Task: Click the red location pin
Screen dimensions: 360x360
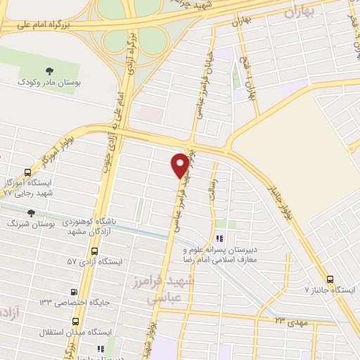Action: pyautogui.click(x=180, y=165)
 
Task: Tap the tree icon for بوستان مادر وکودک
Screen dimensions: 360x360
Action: pyautogui.click(x=50, y=71)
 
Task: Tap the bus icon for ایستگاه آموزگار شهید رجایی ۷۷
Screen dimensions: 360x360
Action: pyautogui.click(x=27, y=172)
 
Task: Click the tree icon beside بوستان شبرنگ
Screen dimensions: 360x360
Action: pyautogui.click(x=30, y=212)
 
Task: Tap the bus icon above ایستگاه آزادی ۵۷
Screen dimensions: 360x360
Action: pyautogui.click(x=94, y=250)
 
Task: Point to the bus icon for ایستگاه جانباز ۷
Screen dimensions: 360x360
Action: pyautogui.click(x=331, y=278)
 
